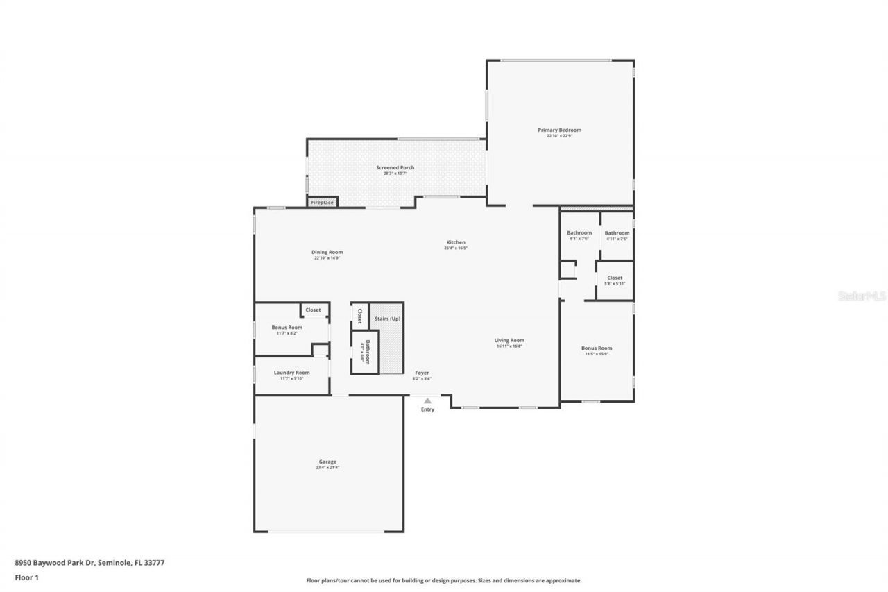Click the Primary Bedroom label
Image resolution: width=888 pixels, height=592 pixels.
pos(559,130)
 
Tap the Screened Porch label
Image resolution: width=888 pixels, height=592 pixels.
pos(395,167)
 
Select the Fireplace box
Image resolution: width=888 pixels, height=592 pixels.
pos(322,202)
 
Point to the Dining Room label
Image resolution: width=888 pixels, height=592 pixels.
pos(327,252)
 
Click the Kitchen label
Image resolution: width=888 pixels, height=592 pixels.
pos(456,242)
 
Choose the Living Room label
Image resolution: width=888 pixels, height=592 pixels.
pos(509,340)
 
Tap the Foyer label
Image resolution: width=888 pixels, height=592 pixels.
pos(421,373)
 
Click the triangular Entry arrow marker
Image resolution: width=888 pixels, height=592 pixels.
pos(427,400)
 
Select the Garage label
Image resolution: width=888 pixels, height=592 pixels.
pos(327,462)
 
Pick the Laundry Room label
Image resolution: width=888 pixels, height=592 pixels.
pos(291,373)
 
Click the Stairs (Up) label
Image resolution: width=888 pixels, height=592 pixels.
pos(387,319)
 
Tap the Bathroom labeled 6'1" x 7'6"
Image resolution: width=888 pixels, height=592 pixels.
pos(579,233)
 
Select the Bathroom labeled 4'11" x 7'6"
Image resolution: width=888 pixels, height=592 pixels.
pos(617,233)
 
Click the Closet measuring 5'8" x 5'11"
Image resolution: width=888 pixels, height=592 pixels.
pos(615,278)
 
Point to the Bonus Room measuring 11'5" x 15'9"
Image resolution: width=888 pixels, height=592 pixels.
pos(597,348)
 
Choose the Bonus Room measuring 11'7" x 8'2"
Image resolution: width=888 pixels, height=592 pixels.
pos(287,328)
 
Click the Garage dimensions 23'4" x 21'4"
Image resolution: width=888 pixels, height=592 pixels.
pos(327,468)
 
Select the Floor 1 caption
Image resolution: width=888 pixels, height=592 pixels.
pos(27,577)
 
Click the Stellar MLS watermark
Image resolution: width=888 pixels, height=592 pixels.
pos(862,296)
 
